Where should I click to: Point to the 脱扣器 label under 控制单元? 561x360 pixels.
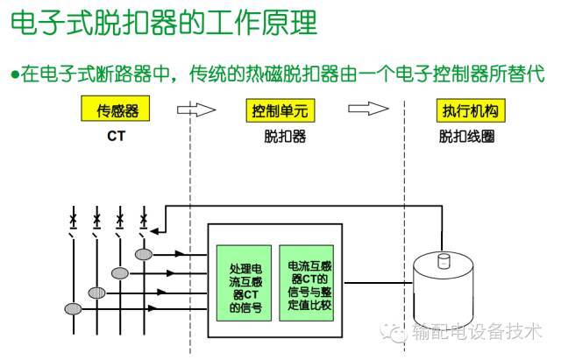(280, 137)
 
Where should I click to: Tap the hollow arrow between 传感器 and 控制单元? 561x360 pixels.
(195, 110)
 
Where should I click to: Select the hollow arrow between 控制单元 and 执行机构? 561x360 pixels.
(367, 110)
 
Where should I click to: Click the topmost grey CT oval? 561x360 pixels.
(143, 255)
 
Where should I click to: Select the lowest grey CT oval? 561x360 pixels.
(73, 308)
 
